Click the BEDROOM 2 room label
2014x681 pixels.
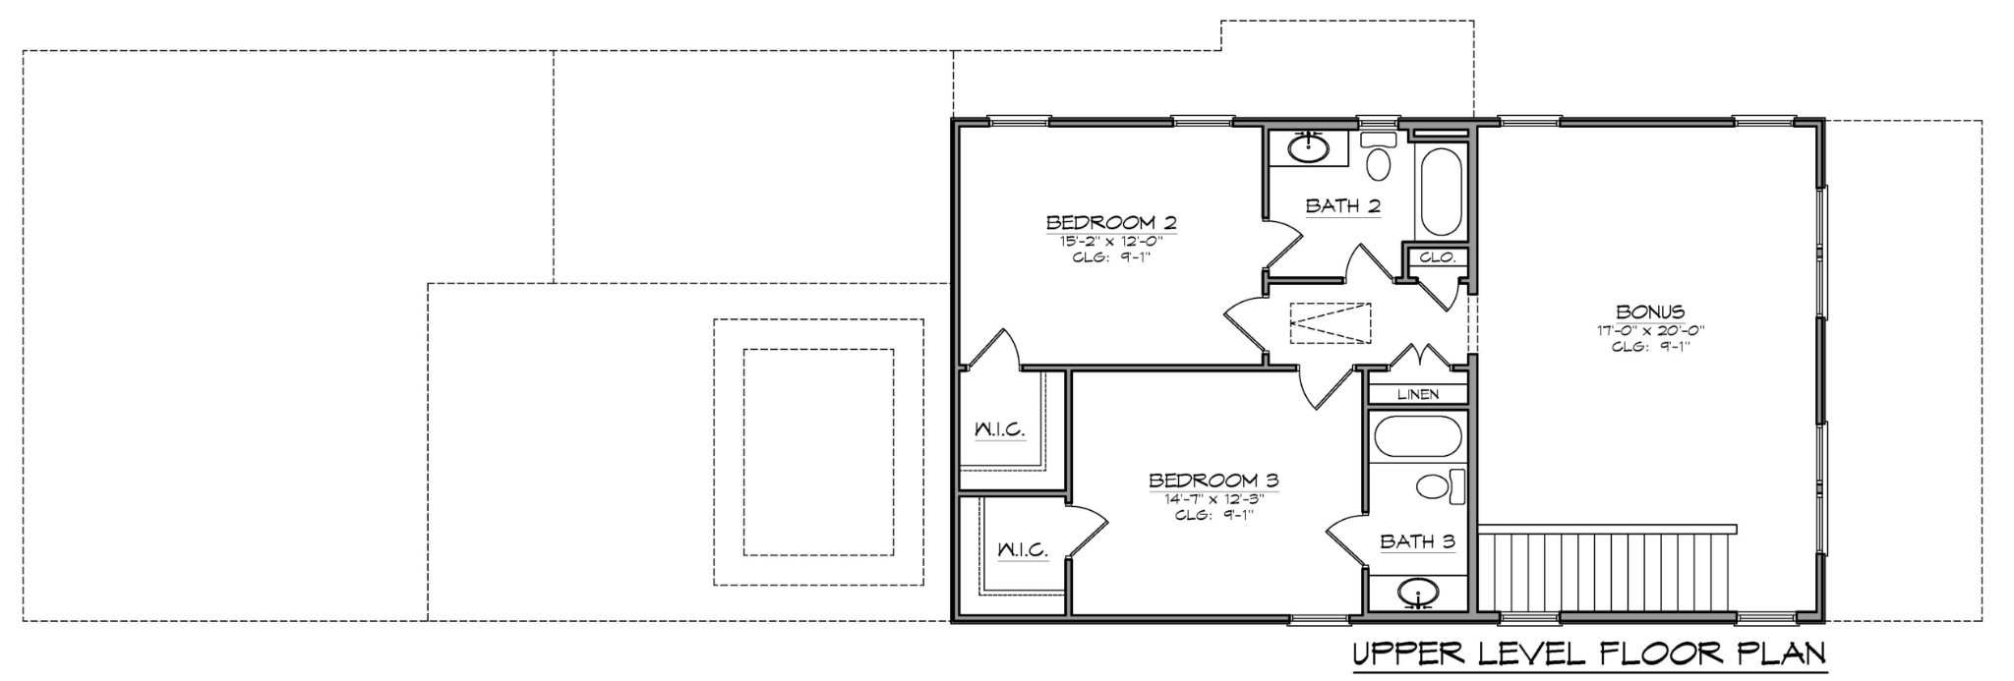1110,222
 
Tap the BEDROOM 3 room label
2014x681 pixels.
1214,481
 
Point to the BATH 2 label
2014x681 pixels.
1343,206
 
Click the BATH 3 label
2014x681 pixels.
1417,541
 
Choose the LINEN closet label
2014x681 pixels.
1418,394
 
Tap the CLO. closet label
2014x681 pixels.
1437,258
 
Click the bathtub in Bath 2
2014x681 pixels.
1442,192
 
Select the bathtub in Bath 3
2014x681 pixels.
1416,436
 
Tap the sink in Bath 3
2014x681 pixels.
1417,593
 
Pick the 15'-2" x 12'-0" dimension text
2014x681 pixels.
1110,240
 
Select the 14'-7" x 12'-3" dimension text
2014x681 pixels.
1214,498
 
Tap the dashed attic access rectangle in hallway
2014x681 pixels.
1330,323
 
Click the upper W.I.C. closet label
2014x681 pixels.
999,429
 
